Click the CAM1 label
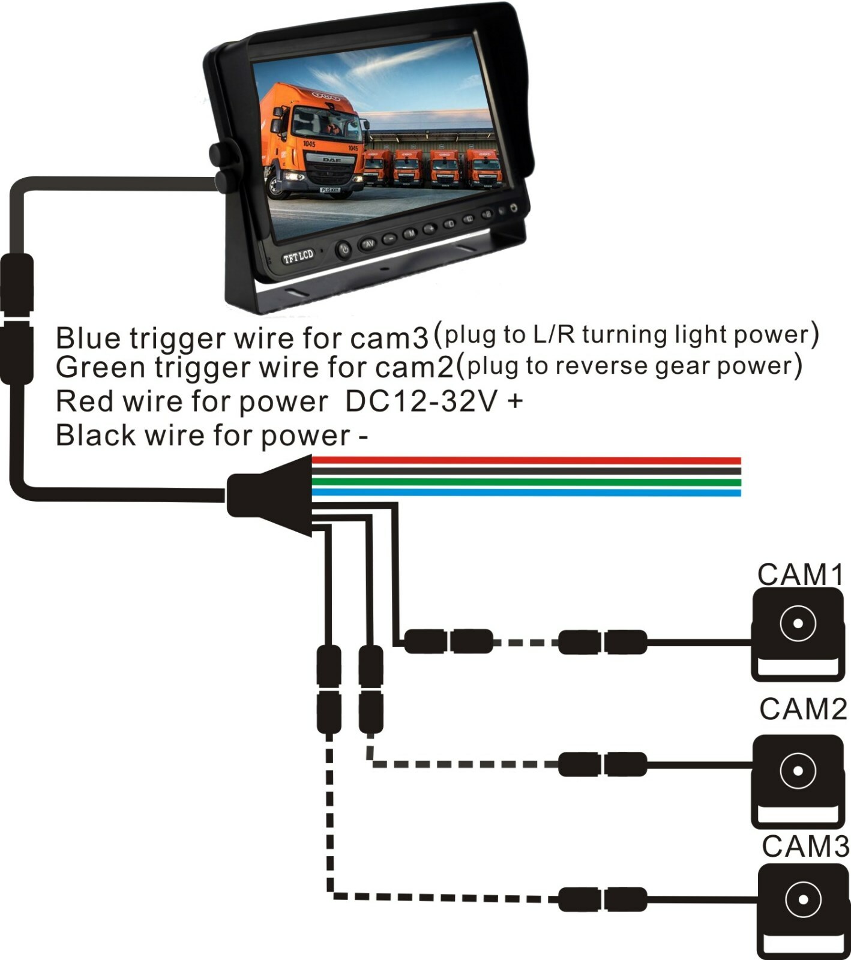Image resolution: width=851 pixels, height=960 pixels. pos(800,574)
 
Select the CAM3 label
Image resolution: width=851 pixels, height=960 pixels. pos(805,846)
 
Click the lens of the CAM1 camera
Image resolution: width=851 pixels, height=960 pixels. pos(798,623)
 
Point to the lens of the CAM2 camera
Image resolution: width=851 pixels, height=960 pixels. pos(798,770)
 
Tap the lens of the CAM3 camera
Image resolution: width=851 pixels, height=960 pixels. pos(802,899)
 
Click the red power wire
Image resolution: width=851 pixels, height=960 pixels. pos(528,461)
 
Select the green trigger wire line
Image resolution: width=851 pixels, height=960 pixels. pos(528,482)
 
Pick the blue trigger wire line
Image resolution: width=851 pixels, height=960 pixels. pos(528,493)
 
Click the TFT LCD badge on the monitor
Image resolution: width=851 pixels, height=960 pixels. pos(298,257)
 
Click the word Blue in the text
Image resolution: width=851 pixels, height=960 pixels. pos(89,338)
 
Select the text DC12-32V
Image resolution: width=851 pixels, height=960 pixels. pos(421,401)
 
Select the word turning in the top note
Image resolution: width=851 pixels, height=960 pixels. pos(625,334)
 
